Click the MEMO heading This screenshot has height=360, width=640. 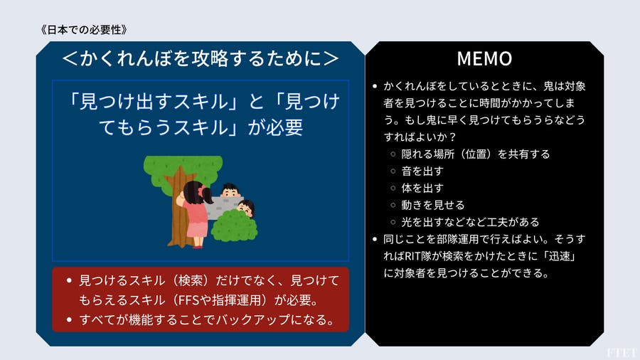[484, 58]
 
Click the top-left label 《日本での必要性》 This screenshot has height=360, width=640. [84, 30]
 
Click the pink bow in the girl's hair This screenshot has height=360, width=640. [201, 190]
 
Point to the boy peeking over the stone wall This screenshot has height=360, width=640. [230, 191]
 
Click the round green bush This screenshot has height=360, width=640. [234, 226]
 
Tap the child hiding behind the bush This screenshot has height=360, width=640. [246, 207]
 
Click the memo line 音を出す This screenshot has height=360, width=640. [422, 171]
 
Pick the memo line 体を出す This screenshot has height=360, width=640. [422, 188]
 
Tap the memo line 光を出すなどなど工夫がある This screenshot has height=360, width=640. [470, 222]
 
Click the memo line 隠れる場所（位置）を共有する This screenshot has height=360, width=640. [476, 154]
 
